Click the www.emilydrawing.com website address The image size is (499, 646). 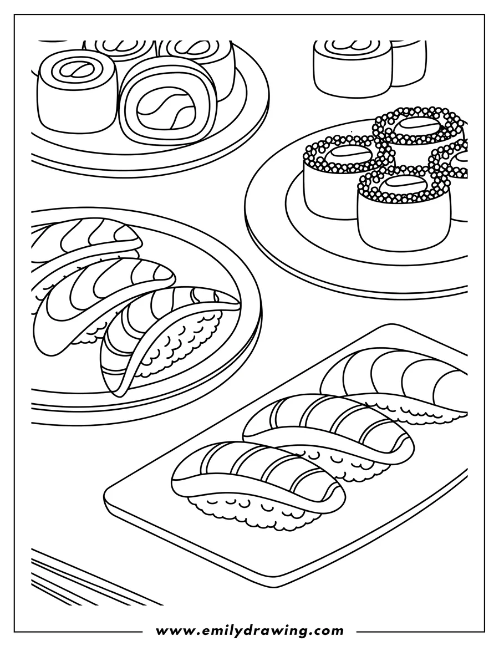[249, 630]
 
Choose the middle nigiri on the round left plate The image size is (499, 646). [100, 294]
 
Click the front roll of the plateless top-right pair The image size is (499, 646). [352, 69]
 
